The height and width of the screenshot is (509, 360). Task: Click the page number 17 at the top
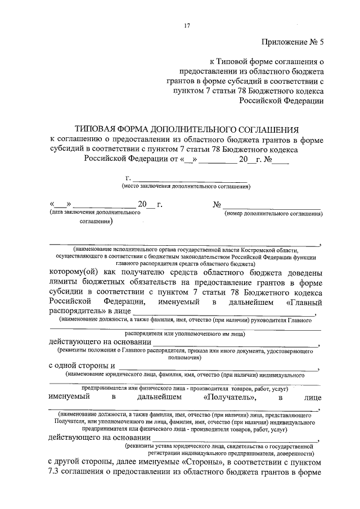pos(187,25)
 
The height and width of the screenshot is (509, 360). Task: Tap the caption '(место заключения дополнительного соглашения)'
pos(186,186)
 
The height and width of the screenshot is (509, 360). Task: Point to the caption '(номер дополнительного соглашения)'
pos(273,214)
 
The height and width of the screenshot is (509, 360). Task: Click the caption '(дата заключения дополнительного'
pos(94,214)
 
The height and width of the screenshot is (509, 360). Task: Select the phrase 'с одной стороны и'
pos(81,366)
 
